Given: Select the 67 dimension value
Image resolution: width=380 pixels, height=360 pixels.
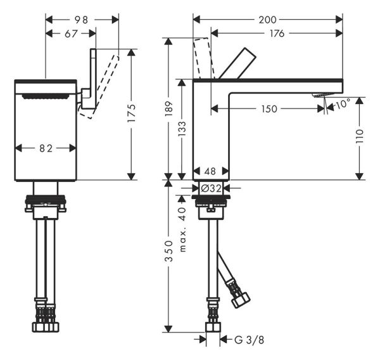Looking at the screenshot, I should coord(72,34).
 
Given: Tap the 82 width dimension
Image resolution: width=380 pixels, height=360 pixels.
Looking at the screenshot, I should coord(45,148).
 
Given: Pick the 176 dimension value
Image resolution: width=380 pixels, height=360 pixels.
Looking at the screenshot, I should coord(277,34).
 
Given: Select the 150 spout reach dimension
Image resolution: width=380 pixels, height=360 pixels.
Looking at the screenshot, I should coord(269,109).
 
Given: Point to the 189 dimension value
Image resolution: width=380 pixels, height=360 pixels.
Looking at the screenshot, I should coord(168,108).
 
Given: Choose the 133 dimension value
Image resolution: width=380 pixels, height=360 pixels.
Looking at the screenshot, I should coord(183,130).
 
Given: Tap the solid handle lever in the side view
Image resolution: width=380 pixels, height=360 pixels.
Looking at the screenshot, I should coord(238,63).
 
